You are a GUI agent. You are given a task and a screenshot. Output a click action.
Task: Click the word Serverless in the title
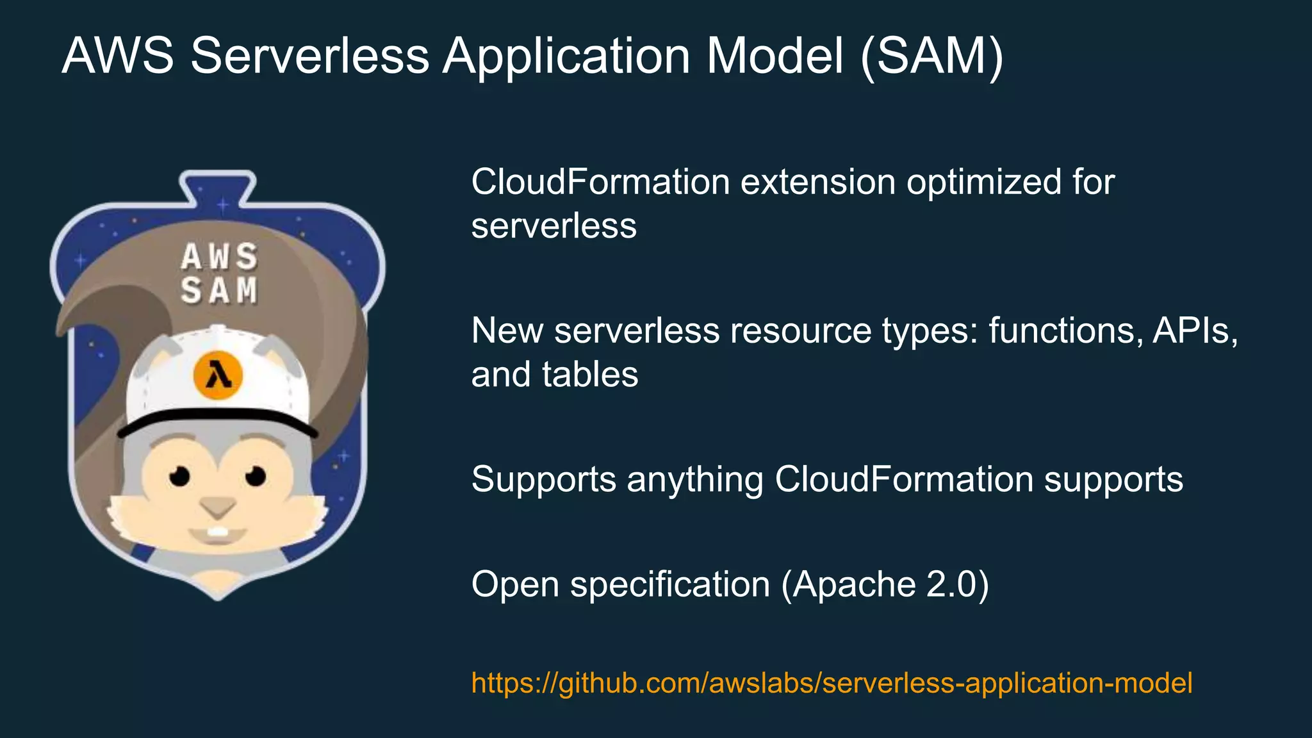tap(309, 56)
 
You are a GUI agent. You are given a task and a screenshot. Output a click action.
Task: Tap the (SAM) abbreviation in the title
tap(931, 56)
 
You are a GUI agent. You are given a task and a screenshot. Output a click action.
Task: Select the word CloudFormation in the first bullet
tap(600, 182)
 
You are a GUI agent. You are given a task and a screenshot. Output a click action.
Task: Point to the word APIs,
tap(1195, 331)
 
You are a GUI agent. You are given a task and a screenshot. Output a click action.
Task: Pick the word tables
tap(590, 374)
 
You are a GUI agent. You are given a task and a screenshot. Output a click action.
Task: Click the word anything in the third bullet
tap(694, 479)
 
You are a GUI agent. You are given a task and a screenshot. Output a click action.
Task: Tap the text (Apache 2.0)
tap(885, 584)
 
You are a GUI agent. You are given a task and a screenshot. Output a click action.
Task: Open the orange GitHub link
tap(832, 683)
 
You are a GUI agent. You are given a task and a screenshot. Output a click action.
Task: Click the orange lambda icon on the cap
tap(218, 375)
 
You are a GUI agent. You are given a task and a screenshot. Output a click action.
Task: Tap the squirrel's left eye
tap(179, 476)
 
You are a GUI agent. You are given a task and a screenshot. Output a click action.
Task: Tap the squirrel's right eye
tap(256, 476)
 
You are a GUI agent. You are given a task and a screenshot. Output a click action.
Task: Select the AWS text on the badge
tap(219, 257)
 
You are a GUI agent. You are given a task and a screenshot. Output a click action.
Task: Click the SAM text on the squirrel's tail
tap(219, 291)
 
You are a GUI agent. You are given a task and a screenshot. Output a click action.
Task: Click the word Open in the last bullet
tap(515, 584)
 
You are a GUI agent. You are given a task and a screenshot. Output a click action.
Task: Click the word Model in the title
tap(775, 56)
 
